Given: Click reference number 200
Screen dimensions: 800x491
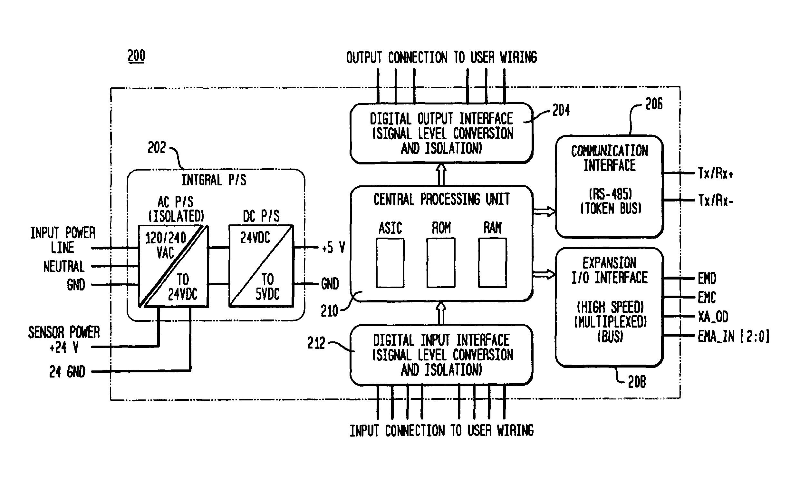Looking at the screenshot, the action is (136, 56).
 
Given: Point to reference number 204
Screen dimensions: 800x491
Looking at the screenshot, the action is (561, 110).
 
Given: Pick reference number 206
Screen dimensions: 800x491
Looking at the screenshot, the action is (654, 104).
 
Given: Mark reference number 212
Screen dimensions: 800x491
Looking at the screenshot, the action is (316, 343).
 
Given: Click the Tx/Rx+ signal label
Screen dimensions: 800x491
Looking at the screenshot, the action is (716, 173).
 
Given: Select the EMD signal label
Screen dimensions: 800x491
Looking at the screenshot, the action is (707, 278).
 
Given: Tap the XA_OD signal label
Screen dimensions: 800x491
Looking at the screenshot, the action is (713, 317).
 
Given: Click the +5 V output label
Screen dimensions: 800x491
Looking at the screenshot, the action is (333, 248).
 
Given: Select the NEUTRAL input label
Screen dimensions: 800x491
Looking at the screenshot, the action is (64, 267).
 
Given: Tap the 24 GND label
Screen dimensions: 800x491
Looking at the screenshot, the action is (67, 371).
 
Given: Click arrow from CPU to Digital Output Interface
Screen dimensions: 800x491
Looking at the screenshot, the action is (441, 174).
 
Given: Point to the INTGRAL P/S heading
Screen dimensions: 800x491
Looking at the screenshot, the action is (214, 180).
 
